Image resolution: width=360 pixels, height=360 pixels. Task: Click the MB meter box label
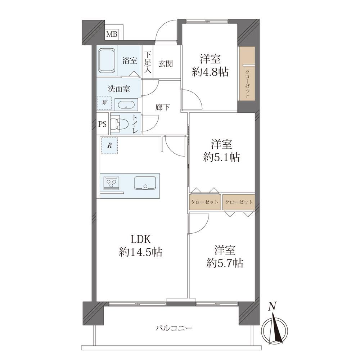(x=112, y=34)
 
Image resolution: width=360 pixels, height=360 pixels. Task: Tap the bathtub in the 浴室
(x=107, y=60)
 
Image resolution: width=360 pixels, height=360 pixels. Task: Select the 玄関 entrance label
(x=166, y=64)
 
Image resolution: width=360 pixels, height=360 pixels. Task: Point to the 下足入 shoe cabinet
(x=148, y=62)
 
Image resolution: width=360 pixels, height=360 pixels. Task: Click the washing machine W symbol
(x=104, y=103)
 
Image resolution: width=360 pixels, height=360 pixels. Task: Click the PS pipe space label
(x=102, y=124)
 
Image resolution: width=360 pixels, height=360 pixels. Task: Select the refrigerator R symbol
(x=109, y=145)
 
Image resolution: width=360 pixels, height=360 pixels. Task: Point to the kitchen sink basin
(x=145, y=183)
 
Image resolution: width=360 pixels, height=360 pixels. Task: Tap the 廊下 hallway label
(x=162, y=107)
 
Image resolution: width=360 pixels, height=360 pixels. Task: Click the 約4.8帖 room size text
(x=210, y=72)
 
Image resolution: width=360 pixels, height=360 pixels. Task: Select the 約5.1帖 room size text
(x=221, y=158)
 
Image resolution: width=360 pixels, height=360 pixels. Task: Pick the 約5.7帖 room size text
(x=225, y=263)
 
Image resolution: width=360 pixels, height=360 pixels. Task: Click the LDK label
(x=140, y=239)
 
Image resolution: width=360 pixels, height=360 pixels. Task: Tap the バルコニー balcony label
(x=174, y=328)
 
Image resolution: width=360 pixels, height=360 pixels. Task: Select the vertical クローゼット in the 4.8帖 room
(x=247, y=73)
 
